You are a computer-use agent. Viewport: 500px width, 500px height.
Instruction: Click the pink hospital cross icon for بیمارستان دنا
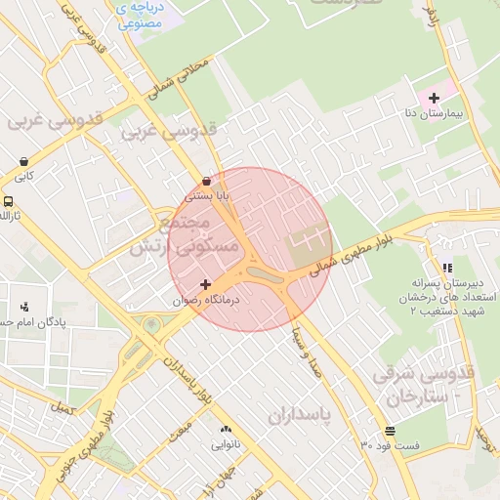click(434, 98)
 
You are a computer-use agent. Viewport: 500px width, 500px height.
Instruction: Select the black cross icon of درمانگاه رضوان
click(204, 284)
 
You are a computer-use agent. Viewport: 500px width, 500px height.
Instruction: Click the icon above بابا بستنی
click(206, 181)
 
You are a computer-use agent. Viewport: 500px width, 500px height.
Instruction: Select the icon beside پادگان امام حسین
click(24, 306)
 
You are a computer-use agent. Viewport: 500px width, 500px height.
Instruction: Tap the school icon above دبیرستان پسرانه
click(446, 268)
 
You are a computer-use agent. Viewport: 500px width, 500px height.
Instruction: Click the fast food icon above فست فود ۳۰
click(391, 430)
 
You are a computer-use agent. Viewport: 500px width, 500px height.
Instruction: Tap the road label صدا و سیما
click(306, 357)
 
